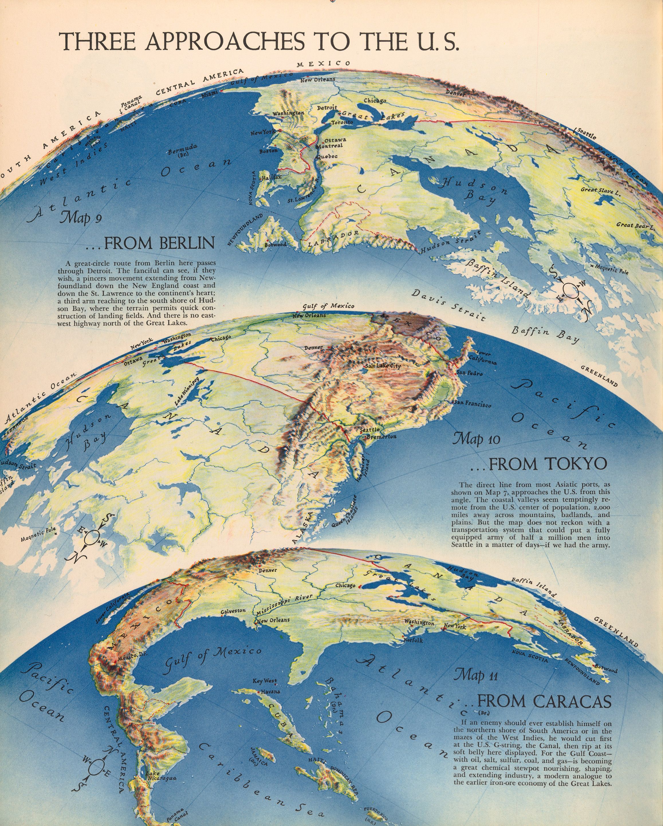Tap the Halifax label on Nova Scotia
tap(272, 177)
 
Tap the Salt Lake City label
tap(382, 366)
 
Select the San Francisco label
tap(472, 403)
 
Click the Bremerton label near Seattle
tap(381, 436)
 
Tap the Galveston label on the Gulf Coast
tap(233, 611)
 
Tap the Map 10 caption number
tap(476, 439)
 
